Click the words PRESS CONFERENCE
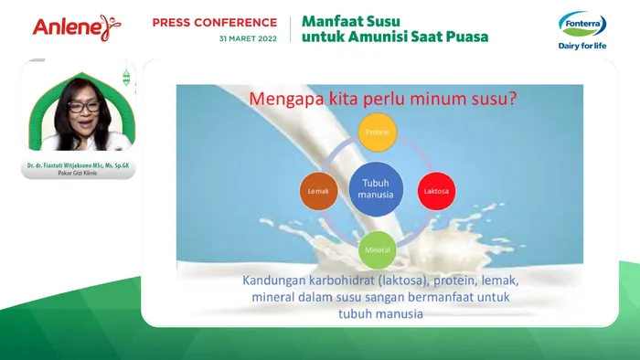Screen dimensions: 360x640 click(x=214, y=22)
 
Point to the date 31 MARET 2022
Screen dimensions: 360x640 click(x=248, y=38)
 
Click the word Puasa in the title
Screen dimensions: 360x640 click(x=464, y=37)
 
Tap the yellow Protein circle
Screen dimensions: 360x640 click(x=377, y=132)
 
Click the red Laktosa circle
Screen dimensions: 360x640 click(x=435, y=190)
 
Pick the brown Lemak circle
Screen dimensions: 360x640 click(x=319, y=190)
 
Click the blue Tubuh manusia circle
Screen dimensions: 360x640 click(x=377, y=189)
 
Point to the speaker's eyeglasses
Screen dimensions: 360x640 click(x=84, y=107)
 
